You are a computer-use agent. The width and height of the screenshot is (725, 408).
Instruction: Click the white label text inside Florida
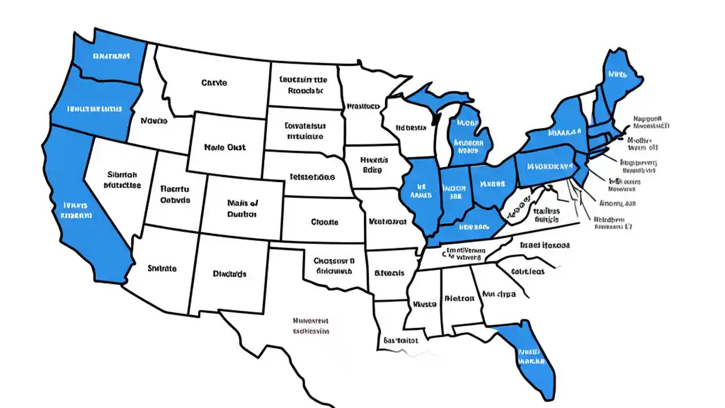(531, 355)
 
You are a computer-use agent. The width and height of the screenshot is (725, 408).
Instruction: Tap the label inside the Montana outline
(214, 83)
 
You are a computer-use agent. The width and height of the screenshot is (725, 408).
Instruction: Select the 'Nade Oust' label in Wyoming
(225, 147)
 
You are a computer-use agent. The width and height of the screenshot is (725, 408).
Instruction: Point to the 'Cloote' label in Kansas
(325, 222)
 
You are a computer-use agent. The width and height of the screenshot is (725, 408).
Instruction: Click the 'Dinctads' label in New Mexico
(229, 274)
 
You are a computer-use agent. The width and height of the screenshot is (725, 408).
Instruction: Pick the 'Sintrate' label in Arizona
(162, 268)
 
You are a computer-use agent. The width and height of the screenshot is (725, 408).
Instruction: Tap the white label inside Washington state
(111, 56)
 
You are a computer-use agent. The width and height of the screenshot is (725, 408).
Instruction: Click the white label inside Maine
(618, 74)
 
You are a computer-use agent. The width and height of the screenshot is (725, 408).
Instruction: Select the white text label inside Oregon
(94, 108)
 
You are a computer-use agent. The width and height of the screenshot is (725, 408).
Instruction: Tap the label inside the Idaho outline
(154, 121)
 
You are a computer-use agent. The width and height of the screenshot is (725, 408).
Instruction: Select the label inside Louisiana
(400, 341)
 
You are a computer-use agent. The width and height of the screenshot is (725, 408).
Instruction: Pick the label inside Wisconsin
(411, 128)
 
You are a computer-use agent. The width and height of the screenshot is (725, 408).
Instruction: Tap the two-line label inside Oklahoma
(334, 266)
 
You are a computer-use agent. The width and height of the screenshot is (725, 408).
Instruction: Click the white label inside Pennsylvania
(549, 167)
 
